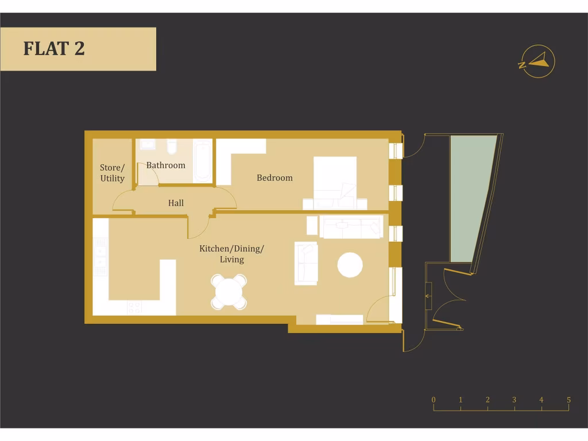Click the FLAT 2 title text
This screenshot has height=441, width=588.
click(54, 49)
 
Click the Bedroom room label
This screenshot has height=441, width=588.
click(274, 178)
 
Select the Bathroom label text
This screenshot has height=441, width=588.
click(165, 165)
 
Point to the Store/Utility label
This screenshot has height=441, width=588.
click(112, 173)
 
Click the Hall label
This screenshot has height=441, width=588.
click(176, 203)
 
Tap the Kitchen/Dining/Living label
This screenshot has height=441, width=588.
click(231, 254)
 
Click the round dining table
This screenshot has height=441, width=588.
click(229, 292)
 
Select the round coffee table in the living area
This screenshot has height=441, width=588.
click(350, 265)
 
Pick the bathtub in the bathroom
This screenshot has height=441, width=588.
click(202, 161)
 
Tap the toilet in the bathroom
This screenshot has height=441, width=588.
click(171, 148)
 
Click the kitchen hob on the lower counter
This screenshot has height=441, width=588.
click(134, 307)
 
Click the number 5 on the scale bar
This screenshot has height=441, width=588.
click(568, 400)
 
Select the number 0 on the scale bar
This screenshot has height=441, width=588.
click(434, 400)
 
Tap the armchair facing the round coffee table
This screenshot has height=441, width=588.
click(306, 263)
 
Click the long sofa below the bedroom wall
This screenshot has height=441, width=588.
click(351, 227)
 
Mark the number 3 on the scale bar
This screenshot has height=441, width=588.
click(514, 400)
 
